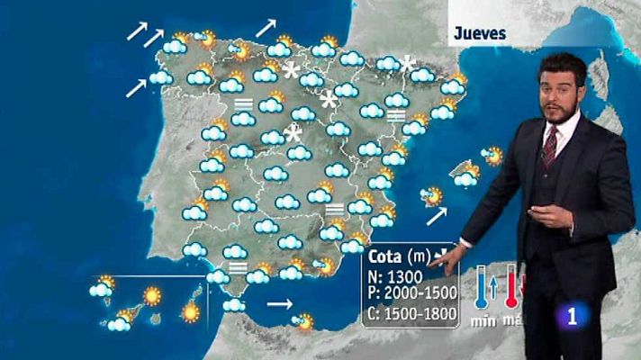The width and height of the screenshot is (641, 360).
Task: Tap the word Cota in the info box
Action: click(387, 256)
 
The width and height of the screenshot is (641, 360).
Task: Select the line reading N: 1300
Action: click(394, 276)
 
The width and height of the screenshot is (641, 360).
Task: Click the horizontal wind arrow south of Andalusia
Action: click(280, 305)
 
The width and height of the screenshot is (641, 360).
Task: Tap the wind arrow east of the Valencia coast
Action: click(437, 216)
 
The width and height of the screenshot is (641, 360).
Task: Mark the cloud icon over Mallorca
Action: click(465, 178)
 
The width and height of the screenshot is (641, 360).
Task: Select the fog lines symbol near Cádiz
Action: click(239, 267)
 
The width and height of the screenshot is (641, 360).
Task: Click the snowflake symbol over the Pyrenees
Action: click(408, 64)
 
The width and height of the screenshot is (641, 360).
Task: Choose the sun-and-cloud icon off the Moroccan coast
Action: click(305, 320)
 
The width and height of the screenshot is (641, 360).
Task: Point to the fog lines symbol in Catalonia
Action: click(394, 115)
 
